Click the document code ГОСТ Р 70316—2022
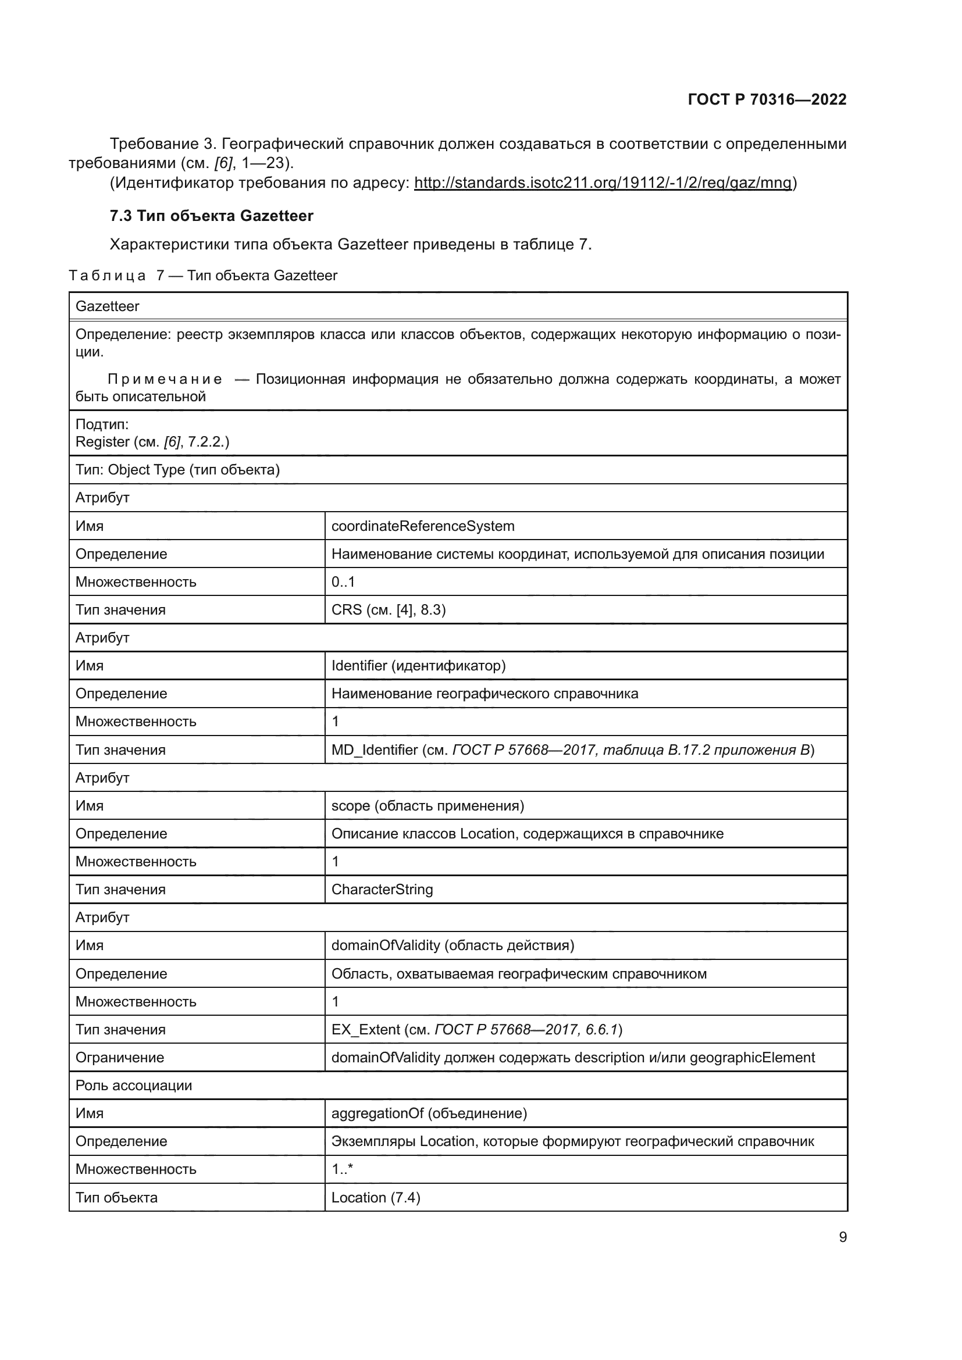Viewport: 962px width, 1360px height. (767, 99)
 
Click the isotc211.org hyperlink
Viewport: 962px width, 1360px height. (603, 183)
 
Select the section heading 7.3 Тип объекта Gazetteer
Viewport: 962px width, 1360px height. (212, 216)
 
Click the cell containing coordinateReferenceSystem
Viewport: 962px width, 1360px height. (423, 526)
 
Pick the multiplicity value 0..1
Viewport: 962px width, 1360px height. (343, 581)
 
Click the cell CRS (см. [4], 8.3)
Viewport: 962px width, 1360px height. (389, 609)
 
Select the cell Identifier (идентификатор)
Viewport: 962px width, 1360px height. (418, 666)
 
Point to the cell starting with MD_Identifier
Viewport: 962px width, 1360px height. (572, 750)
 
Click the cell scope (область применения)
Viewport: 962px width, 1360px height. (427, 805)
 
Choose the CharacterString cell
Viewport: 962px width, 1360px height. (382, 890)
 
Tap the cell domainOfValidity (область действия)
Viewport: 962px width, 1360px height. (453, 945)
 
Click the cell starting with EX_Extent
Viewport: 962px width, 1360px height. (476, 1030)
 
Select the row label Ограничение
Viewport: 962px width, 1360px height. (120, 1057)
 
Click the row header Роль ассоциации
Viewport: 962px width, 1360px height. (134, 1085)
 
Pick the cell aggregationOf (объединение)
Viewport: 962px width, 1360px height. (429, 1113)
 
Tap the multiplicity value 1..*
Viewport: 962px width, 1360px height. (342, 1169)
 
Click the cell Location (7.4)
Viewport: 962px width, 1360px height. (376, 1198)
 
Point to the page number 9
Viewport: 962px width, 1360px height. (842, 1237)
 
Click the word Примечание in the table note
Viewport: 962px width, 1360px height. (165, 379)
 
